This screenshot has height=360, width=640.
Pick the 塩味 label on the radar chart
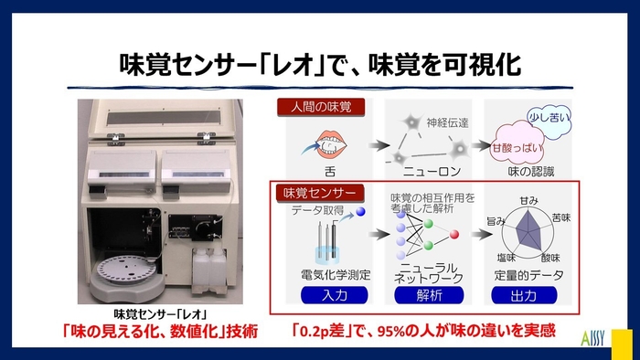click(x=505, y=259)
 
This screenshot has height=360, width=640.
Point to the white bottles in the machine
click(x=208, y=270)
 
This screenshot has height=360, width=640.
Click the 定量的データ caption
click(x=527, y=275)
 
